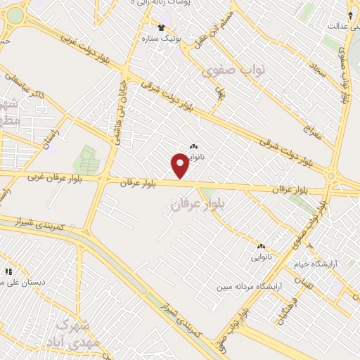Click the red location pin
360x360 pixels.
181,166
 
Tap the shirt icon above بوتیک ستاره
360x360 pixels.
162,27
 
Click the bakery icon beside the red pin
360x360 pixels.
193,146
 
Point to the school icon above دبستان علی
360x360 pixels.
9,271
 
